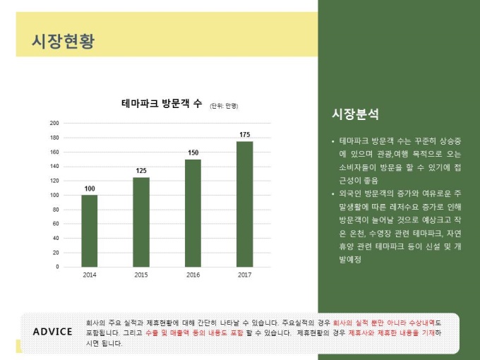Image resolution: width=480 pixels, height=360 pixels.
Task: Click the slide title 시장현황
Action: tap(63, 41)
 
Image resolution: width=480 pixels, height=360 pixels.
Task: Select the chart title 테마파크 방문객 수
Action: tap(162, 104)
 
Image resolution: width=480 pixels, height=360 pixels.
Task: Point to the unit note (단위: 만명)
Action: tap(224, 106)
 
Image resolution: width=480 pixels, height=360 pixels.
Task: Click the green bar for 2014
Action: tap(90, 231)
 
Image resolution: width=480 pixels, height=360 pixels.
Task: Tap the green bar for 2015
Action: tap(141, 222)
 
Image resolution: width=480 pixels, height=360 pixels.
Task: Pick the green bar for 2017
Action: tap(244, 204)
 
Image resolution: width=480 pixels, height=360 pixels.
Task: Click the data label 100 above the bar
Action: tap(90, 188)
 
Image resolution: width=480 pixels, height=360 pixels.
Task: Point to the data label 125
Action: tap(141, 171)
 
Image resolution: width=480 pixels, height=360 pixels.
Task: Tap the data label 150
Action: tap(193, 152)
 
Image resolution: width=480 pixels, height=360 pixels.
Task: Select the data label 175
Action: tap(244, 135)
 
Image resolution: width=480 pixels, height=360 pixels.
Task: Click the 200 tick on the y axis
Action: tap(54, 123)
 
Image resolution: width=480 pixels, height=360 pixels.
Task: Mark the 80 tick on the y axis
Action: tap(56, 210)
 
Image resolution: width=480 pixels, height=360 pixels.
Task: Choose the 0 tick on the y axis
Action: tap(57, 267)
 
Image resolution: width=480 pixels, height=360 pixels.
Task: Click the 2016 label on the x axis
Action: tap(193, 275)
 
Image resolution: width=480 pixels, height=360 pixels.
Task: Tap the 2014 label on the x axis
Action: tap(90, 275)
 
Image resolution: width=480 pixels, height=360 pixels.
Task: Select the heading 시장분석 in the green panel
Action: tap(355, 114)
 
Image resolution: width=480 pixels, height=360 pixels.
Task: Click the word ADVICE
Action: tap(52, 332)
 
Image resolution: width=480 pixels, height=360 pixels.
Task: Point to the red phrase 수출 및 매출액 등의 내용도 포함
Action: tap(188, 332)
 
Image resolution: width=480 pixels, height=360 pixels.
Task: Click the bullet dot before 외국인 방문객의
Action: tap(333, 193)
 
